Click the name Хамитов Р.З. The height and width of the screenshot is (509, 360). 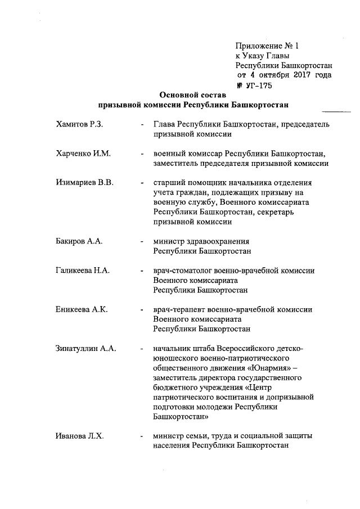coord(79,124)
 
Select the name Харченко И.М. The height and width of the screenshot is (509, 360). coord(83,154)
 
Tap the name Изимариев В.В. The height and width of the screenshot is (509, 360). coord(85,183)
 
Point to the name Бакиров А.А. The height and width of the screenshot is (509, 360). coord(79,241)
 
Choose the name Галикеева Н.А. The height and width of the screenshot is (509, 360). coord(83,271)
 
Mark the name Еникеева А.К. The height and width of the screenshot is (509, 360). coord(82,309)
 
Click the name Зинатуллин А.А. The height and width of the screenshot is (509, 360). coord(86,348)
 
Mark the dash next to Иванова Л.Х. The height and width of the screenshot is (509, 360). coord(141,436)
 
